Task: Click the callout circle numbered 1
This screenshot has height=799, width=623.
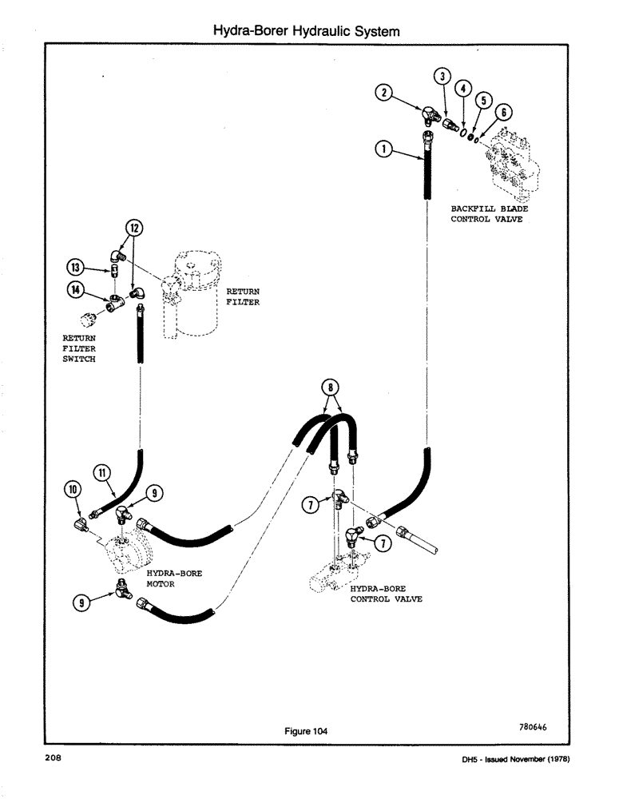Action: [384, 148]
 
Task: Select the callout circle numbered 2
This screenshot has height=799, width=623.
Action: [384, 93]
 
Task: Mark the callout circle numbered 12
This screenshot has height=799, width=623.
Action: [134, 229]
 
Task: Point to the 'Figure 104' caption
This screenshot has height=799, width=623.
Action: [306, 730]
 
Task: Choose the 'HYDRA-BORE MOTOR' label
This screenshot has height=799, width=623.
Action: [171, 578]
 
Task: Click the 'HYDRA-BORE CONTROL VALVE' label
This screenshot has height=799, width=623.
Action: [386, 594]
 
